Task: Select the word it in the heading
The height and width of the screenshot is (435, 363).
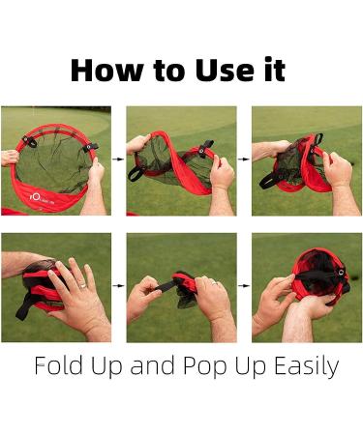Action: tap(275, 70)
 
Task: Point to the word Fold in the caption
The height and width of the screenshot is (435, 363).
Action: tap(58, 365)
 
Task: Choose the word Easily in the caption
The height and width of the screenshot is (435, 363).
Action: tap(307, 367)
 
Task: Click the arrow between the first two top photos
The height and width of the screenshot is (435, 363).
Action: tap(118, 159)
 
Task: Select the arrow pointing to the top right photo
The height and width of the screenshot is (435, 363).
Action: tap(244, 159)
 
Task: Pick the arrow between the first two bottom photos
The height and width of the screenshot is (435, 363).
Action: tap(118, 285)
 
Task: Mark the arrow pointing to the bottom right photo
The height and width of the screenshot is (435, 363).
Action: tap(244, 285)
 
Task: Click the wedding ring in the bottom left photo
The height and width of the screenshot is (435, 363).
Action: tap(83, 285)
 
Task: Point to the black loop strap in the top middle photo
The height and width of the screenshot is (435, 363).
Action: tap(136, 173)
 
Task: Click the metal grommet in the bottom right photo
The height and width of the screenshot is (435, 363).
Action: tap(341, 273)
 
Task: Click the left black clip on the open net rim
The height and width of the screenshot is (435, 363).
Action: tap(30, 141)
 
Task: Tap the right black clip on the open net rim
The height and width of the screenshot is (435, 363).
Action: tap(90, 147)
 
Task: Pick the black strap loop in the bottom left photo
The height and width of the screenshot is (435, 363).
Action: tap(24, 307)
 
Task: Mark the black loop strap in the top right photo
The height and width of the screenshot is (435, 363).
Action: tap(269, 181)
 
